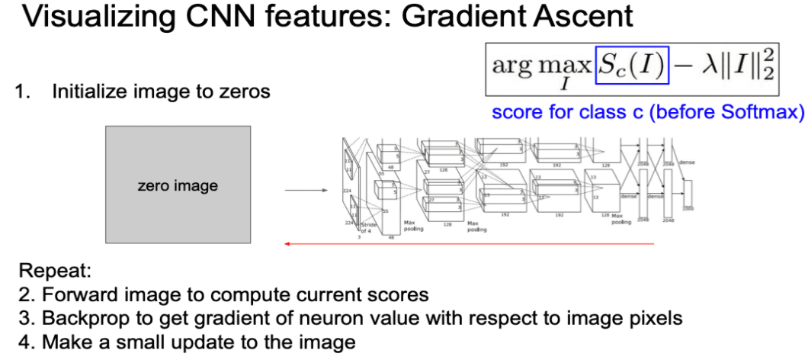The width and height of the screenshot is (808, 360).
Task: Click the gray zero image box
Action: point(177,185)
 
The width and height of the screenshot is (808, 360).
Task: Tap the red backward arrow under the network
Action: point(468,244)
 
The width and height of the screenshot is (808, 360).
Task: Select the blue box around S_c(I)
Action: point(631,64)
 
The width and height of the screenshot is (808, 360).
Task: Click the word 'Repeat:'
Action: point(47,271)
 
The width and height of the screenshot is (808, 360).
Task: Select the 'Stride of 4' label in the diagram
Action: point(369,227)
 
